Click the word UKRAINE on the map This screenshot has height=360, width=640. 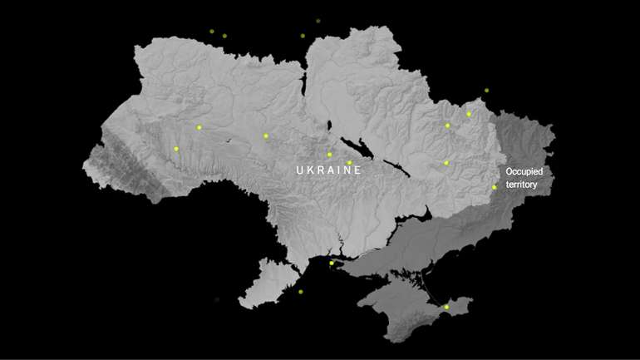tap(329, 170)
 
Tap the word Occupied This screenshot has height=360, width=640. tap(524, 171)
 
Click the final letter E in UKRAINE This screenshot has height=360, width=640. tap(358, 170)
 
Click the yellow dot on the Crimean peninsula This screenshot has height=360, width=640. tap(446, 307)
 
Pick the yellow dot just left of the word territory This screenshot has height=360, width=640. tap(494, 187)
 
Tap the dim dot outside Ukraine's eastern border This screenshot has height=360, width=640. tap(486, 91)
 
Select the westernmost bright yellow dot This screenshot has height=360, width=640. tap(176, 149)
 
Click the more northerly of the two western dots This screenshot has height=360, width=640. tap(199, 127)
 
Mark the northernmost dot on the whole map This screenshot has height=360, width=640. tap(318, 21)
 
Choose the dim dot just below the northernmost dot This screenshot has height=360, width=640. tap(303, 36)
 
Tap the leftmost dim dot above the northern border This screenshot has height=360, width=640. tap(212, 31)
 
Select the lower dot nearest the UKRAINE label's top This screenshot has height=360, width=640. tap(349, 163)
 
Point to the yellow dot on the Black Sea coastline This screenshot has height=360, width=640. tap(331, 264)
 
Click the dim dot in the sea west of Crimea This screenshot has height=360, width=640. tap(301, 292)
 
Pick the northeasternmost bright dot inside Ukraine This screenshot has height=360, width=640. tap(469, 114)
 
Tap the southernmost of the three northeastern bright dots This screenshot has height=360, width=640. tap(446, 163)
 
